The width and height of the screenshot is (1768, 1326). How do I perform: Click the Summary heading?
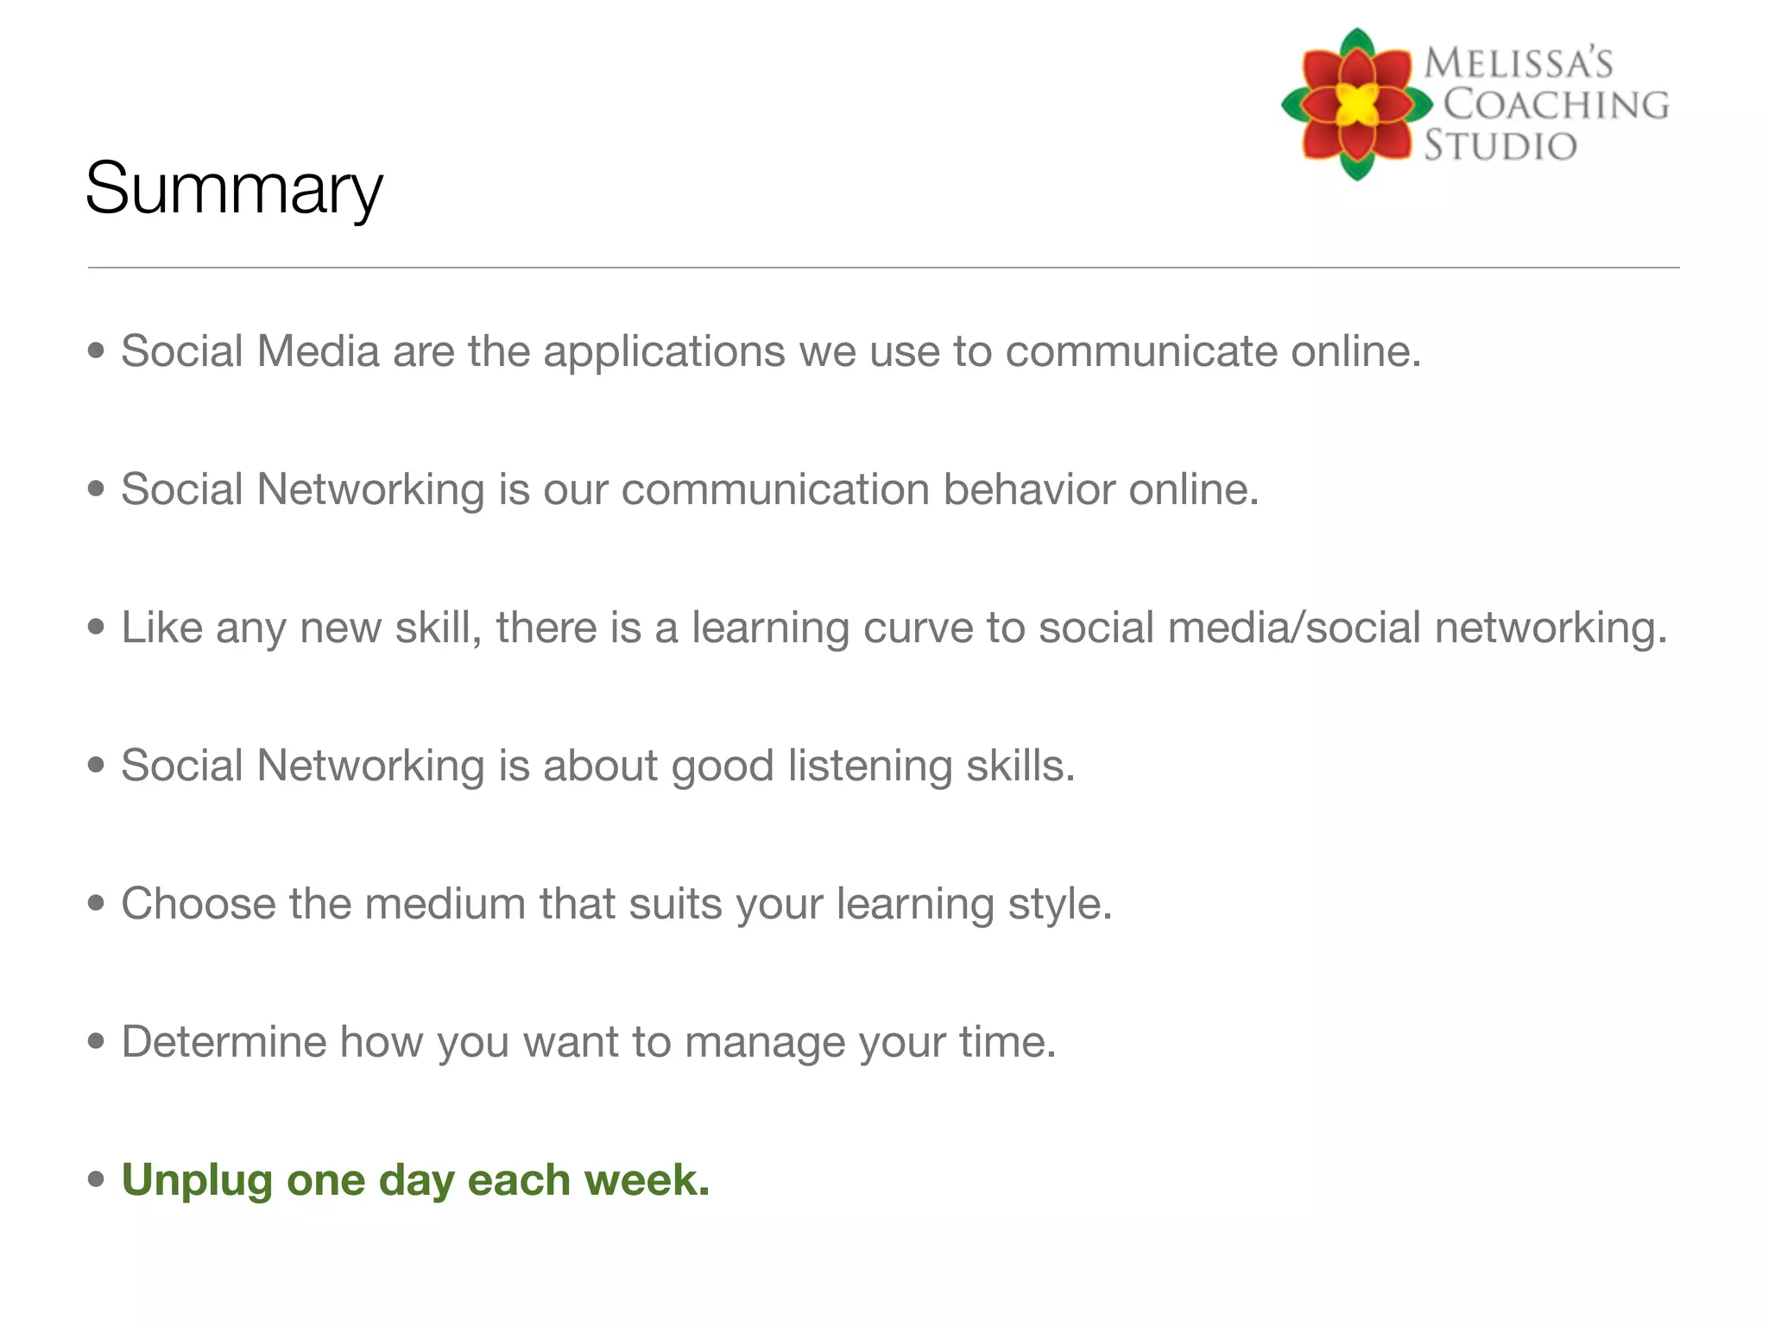pyautogui.click(x=233, y=189)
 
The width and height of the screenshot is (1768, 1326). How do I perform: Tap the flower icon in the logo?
pyautogui.click(x=1356, y=104)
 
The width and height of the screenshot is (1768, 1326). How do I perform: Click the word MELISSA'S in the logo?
pyautogui.click(x=1518, y=64)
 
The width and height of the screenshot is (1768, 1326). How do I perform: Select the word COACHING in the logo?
pyautogui.click(x=1556, y=104)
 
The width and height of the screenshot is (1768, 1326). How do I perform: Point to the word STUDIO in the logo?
pyautogui.click(x=1500, y=145)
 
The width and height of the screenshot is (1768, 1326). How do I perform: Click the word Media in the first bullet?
pyautogui.click(x=318, y=351)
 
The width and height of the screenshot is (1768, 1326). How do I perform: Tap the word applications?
pyautogui.click(x=664, y=351)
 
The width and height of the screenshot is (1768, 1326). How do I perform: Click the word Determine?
pyautogui.click(x=224, y=1042)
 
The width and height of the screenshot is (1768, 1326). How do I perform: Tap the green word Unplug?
pyautogui.click(x=197, y=1181)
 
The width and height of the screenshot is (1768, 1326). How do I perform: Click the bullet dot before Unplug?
pyautogui.click(x=96, y=1179)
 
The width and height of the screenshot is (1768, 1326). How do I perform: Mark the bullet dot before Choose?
pyautogui.click(x=96, y=903)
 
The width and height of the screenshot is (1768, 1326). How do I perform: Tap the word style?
pyautogui.click(x=1059, y=905)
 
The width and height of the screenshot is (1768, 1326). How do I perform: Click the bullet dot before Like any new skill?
pyautogui.click(x=96, y=627)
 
